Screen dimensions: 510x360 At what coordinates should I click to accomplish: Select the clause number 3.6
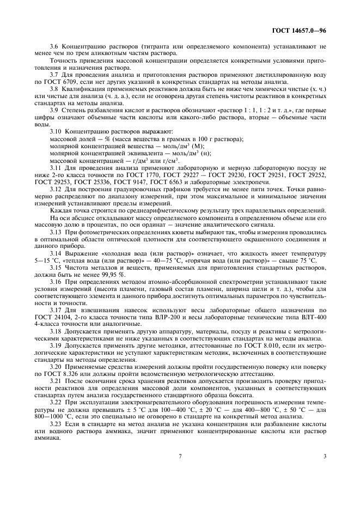click(x=54, y=47)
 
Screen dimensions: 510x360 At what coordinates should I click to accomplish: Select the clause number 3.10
click(x=56, y=132)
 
